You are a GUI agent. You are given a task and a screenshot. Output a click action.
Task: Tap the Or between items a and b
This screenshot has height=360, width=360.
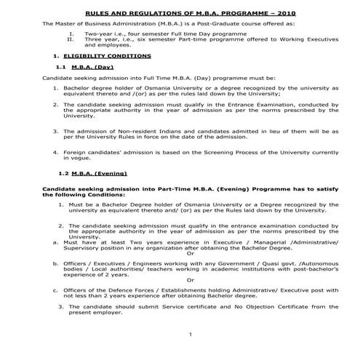pos(191,255)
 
